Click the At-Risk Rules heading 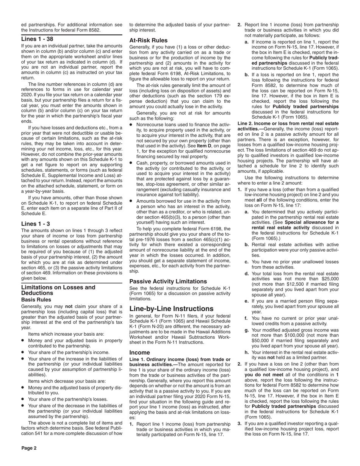click(x=149, y=40)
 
